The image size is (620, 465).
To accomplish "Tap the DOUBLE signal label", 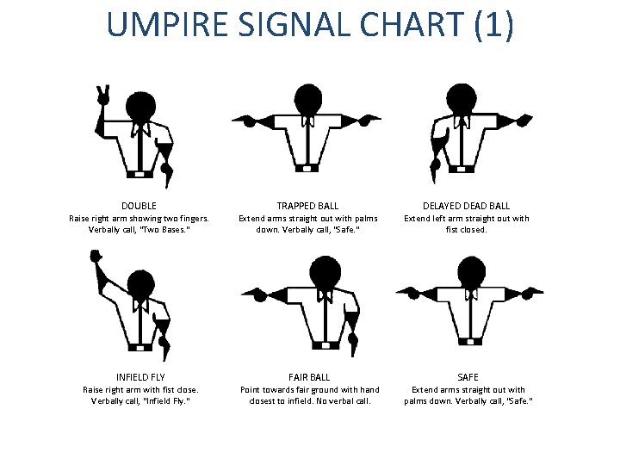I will tap(139, 206).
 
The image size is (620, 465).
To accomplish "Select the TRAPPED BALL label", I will tap(307, 206).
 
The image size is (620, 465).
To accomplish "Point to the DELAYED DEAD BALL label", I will tap(466, 206).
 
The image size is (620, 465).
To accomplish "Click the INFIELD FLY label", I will tap(139, 377).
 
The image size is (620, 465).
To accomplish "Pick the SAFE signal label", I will tap(467, 377).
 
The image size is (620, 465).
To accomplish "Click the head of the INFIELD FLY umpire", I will tap(139, 281).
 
